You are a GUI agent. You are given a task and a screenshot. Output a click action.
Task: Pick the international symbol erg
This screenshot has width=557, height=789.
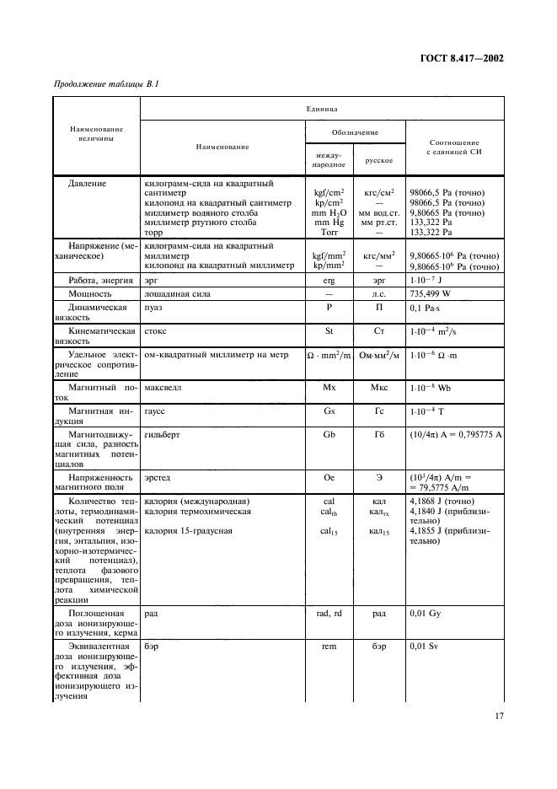point(329,278)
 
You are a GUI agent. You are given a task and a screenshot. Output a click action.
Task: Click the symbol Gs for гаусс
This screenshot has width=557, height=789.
point(329,412)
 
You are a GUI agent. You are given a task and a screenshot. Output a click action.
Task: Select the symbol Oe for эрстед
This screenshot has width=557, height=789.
point(329,477)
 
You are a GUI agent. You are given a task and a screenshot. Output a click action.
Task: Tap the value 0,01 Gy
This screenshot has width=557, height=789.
point(425,614)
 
